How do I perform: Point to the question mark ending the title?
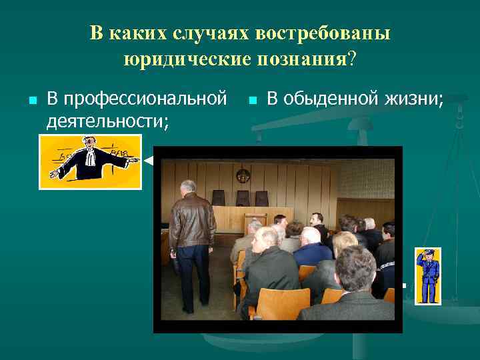click(352, 60)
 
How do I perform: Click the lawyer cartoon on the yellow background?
click(90, 161)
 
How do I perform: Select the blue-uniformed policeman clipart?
click(427, 275)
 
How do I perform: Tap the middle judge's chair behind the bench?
click(241, 198)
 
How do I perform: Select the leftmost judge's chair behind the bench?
click(219, 197)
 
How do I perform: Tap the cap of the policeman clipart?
click(427, 252)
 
